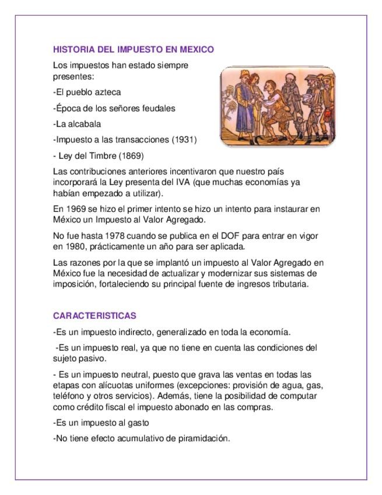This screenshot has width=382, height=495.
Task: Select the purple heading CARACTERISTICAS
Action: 94,316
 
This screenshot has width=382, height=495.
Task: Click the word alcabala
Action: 85,124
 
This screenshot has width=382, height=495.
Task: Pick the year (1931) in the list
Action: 184,140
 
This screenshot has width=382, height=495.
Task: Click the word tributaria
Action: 289,284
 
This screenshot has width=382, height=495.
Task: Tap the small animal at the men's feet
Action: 299,128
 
